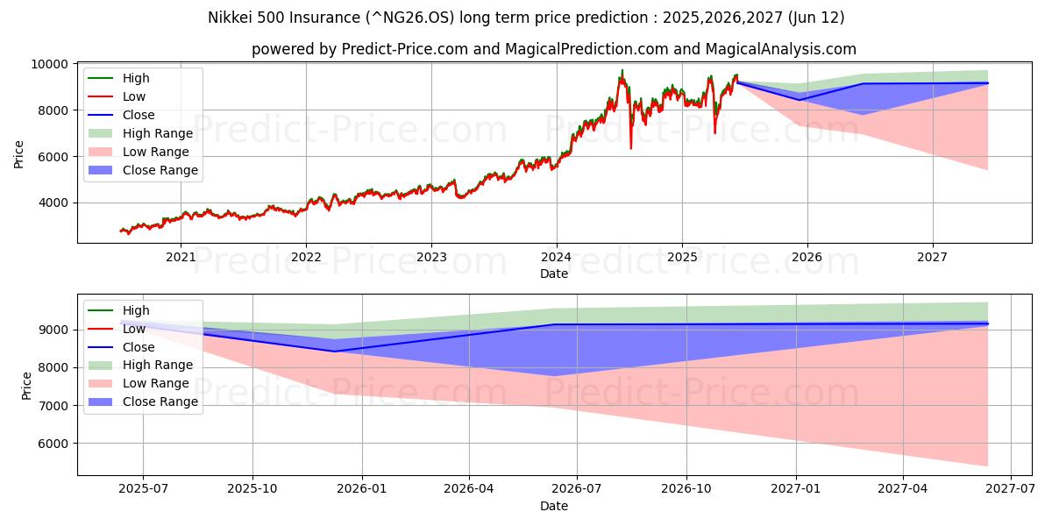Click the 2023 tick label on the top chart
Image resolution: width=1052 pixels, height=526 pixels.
point(430,257)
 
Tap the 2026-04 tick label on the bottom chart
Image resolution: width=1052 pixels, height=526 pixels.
point(469,488)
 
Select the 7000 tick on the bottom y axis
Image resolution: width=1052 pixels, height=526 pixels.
point(56,406)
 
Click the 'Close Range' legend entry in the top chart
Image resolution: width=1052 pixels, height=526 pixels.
point(160,170)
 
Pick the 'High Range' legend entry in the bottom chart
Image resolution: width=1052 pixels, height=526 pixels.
point(157,365)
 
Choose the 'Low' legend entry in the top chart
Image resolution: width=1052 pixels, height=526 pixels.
point(134,96)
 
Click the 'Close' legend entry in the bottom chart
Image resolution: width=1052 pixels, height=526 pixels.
point(139,346)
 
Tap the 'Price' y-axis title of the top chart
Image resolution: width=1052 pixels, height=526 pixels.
point(19,153)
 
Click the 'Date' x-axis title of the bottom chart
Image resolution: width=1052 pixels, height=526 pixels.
point(553,506)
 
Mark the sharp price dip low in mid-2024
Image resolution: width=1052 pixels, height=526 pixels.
point(630,147)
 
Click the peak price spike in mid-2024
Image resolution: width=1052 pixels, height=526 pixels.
point(622,70)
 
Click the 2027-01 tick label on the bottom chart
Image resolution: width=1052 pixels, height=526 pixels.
point(796,488)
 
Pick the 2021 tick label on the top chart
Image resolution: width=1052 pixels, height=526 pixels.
point(181,257)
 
